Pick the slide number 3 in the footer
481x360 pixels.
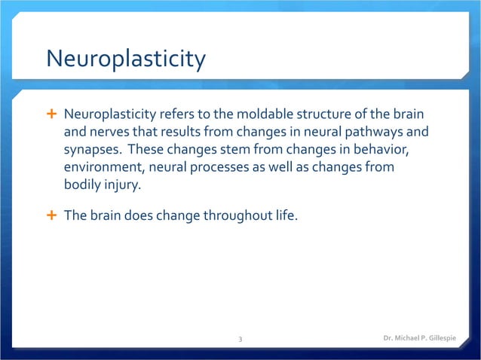pyautogui.click(x=240, y=340)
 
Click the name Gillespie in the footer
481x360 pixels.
pyautogui.click(x=449, y=339)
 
